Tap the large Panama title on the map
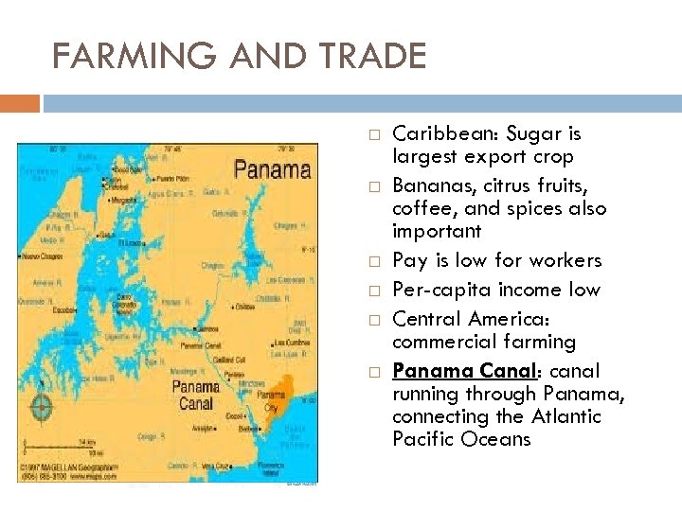pyautogui.click(x=271, y=170)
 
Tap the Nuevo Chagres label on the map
pyautogui.click(x=43, y=256)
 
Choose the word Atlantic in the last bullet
pyautogui.click(x=565, y=416)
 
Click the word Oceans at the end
pyautogui.click(x=495, y=439)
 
